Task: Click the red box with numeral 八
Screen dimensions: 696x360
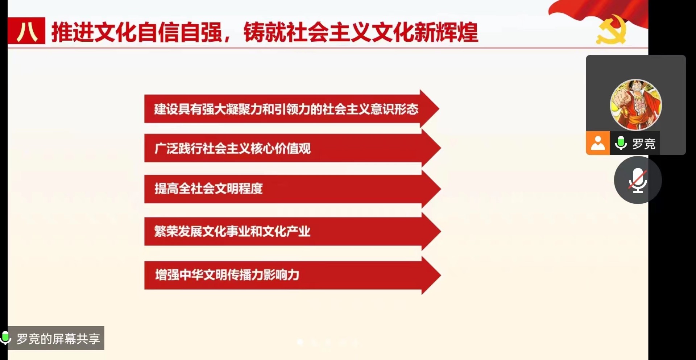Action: coord(26,31)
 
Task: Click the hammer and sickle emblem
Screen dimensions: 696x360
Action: coord(612,29)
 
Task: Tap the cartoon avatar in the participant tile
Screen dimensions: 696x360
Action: coord(636,105)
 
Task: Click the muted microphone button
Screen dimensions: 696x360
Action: coord(638,180)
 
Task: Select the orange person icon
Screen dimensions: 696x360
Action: coord(598,143)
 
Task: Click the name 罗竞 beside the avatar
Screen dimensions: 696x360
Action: coord(644,144)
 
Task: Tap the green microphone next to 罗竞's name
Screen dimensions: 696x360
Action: coord(621,143)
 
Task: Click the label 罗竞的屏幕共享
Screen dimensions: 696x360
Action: coord(58,339)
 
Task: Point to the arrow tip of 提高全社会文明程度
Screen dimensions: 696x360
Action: coord(440,189)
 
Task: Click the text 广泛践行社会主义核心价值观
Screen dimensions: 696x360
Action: coord(232,148)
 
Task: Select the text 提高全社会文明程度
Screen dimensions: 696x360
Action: coord(208,189)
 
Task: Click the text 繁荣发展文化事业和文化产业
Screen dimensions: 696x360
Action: coord(232,231)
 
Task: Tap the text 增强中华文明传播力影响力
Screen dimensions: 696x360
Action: coord(227,275)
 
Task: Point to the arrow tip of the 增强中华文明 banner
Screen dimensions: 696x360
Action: coord(440,275)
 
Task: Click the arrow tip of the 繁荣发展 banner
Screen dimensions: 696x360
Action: coord(440,231)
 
